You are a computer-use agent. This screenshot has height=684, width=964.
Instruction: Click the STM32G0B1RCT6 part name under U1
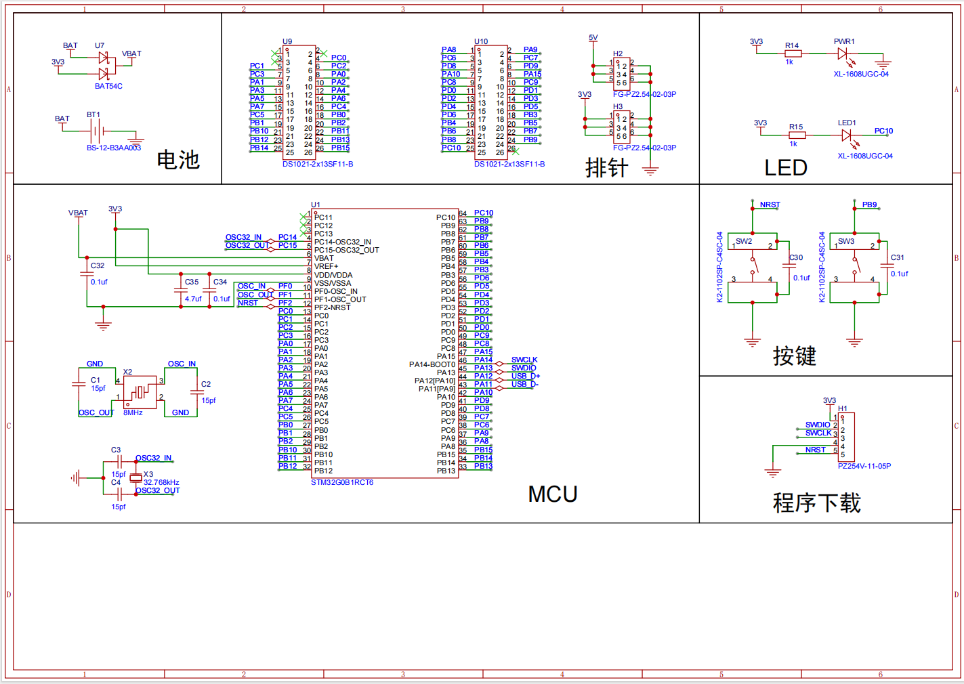click(342, 483)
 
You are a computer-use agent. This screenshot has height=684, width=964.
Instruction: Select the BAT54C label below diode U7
click(108, 87)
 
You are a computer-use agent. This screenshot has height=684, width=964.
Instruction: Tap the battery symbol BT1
click(97, 131)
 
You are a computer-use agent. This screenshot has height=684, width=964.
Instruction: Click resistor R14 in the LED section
click(793, 54)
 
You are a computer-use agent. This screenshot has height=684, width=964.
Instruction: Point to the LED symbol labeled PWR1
click(843, 54)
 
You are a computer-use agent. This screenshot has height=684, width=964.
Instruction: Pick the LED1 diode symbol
click(847, 135)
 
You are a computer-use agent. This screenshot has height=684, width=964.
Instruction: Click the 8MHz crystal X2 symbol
click(141, 391)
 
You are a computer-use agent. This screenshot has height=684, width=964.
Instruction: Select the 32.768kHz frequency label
click(161, 483)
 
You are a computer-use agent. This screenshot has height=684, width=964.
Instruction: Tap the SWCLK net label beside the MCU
click(524, 360)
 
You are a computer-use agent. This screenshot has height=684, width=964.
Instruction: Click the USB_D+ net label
click(526, 377)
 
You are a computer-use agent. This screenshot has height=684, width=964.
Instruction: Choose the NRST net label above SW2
click(770, 205)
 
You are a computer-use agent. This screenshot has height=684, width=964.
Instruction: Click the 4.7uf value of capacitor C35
click(193, 299)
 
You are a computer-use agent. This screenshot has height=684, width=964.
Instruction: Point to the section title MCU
click(553, 494)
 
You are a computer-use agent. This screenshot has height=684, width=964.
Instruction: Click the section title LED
click(786, 168)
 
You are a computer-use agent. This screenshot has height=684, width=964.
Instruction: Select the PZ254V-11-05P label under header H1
click(864, 466)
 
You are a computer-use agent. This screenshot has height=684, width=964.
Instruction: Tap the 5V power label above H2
click(593, 38)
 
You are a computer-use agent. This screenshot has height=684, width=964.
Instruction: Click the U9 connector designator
click(287, 41)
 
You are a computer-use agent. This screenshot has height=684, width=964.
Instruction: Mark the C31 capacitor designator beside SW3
click(897, 257)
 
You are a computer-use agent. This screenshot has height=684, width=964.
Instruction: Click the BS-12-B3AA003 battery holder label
click(114, 148)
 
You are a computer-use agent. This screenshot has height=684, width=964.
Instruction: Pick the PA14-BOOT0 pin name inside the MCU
click(432, 364)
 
